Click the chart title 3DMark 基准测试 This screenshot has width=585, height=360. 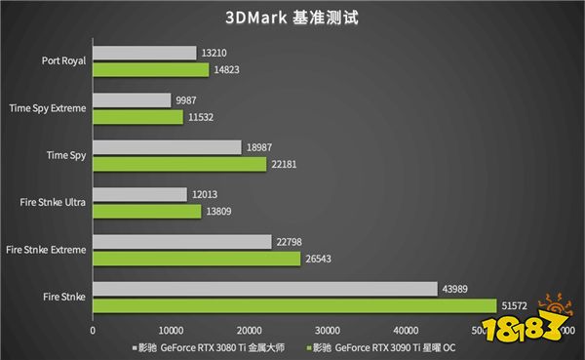292,18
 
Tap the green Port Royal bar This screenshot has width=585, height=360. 150,69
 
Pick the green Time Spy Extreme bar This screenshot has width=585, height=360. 137,117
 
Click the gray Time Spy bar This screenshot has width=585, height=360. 167,147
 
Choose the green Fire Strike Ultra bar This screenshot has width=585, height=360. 146,211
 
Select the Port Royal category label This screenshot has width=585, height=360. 65,60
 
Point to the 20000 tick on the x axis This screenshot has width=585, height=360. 249,329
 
